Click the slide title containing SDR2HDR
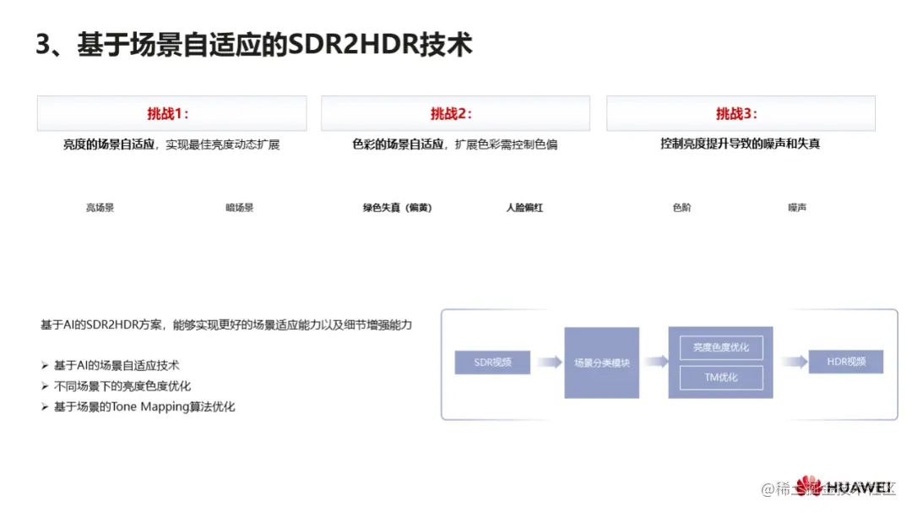[x=253, y=44]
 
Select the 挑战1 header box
[x=171, y=113]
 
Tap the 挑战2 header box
[x=455, y=113]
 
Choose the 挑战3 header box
[x=741, y=113]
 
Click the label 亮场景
[x=100, y=207]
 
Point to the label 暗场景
[x=239, y=207]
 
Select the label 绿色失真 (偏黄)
[x=397, y=207]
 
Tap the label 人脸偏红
[x=524, y=207]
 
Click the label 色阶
[x=681, y=207]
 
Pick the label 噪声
[x=796, y=207]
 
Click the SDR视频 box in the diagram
[x=493, y=363]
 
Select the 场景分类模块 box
[x=601, y=363]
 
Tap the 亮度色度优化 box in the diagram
[x=720, y=347]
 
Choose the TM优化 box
[x=720, y=377]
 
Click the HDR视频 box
[x=845, y=362]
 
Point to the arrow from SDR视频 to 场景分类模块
[x=548, y=363]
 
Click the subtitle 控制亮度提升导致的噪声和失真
[x=740, y=144]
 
